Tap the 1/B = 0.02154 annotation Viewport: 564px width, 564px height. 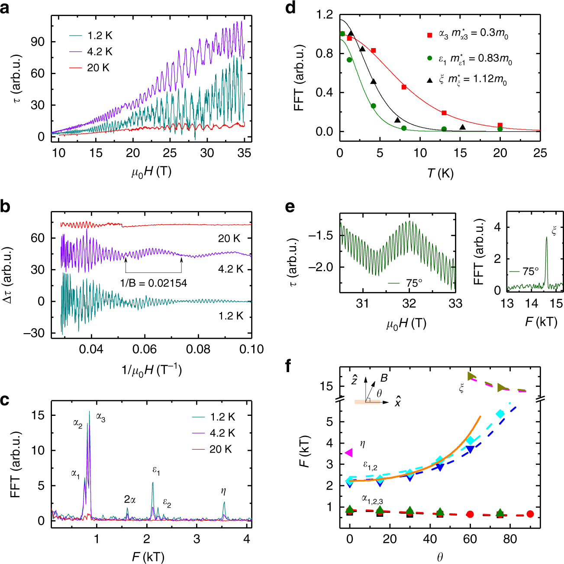(x=154, y=283)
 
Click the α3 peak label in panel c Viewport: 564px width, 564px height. (x=101, y=418)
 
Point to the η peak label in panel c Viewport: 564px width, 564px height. (x=223, y=491)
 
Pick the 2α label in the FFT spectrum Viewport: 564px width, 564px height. (x=130, y=499)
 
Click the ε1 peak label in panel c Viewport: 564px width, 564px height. (x=156, y=471)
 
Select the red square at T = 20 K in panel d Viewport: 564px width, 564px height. (x=500, y=126)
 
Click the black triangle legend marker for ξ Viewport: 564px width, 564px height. (x=430, y=81)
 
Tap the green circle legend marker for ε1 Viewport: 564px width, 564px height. (x=430, y=58)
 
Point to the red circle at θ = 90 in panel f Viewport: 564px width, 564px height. (x=530, y=514)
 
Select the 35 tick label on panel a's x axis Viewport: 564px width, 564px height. (x=245, y=153)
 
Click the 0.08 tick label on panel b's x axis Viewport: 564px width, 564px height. (x=198, y=349)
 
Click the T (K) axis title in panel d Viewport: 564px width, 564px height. (x=440, y=174)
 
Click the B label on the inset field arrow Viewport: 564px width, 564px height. (x=384, y=378)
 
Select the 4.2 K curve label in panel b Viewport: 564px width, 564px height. (x=231, y=269)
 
